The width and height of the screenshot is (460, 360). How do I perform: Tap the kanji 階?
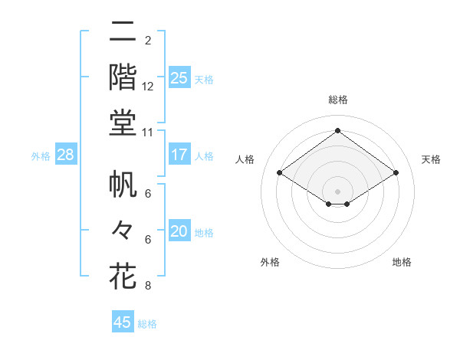point(123,77)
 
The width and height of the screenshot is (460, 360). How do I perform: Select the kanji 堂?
point(123,123)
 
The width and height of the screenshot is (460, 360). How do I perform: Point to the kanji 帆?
point(123,184)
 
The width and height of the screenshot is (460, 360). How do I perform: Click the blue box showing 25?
point(179,77)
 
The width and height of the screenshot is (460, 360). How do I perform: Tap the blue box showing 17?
point(179,155)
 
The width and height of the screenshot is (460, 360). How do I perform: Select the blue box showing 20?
point(179,231)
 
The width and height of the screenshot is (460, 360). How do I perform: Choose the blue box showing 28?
point(66,155)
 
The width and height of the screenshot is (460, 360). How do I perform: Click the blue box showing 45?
point(123,322)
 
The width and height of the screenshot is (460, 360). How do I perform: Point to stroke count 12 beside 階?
point(148,86)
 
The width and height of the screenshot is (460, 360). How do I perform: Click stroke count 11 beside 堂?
point(148,133)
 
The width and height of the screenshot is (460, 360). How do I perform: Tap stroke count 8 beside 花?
point(148,286)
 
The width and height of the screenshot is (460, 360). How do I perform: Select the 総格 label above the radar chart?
point(337,100)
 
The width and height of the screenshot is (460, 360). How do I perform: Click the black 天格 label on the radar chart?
point(431,159)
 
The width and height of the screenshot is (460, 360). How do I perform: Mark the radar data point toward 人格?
point(280,173)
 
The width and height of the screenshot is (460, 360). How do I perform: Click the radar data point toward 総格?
point(337,131)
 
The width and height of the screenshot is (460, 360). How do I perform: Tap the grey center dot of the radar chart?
point(337,190)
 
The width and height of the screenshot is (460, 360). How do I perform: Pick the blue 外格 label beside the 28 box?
point(41,156)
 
